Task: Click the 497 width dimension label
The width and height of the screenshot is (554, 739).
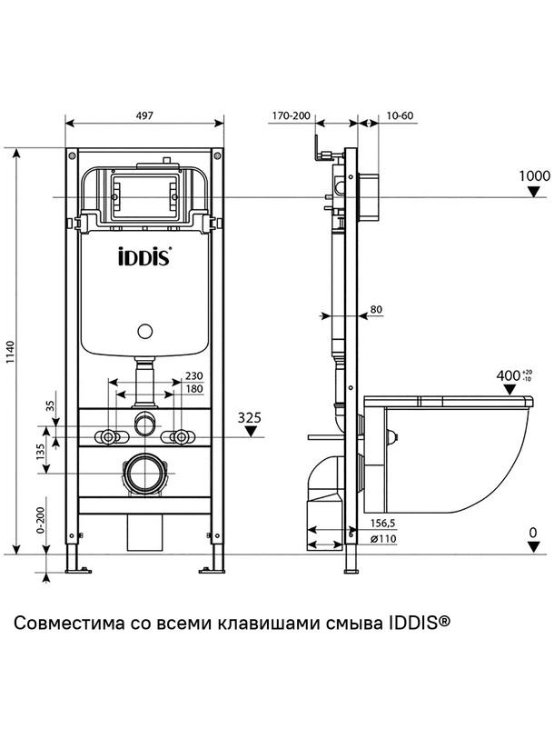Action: [144, 115]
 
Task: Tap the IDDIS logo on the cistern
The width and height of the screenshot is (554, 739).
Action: [145, 257]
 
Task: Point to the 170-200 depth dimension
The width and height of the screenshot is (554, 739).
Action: [291, 115]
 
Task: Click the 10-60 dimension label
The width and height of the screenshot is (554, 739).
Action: [400, 115]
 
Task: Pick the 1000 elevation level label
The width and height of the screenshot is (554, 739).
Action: [536, 176]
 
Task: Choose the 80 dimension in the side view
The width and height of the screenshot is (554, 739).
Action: [376, 311]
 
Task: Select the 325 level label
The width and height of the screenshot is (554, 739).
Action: [250, 418]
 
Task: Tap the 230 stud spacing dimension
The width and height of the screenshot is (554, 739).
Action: [193, 374]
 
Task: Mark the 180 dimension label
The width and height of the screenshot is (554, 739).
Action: [193, 388]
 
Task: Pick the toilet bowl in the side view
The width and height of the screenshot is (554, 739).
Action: [454, 454]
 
